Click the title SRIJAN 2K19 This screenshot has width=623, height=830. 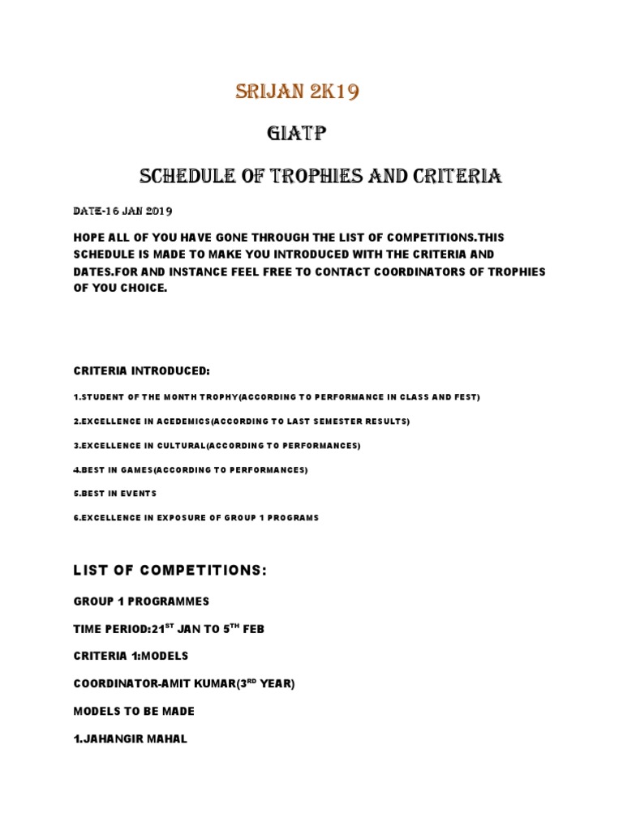point(297,92)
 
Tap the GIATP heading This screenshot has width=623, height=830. point(296,134)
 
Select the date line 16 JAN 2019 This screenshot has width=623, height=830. point(122,211)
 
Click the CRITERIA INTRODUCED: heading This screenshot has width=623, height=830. point(142,370)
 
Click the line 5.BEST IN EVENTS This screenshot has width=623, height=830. point(114,493)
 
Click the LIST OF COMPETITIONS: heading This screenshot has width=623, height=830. point(170,571)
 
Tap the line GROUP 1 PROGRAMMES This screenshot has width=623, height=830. point(141,601)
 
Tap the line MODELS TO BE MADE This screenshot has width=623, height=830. point(134,711)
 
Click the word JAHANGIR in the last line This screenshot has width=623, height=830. point(116,738)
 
